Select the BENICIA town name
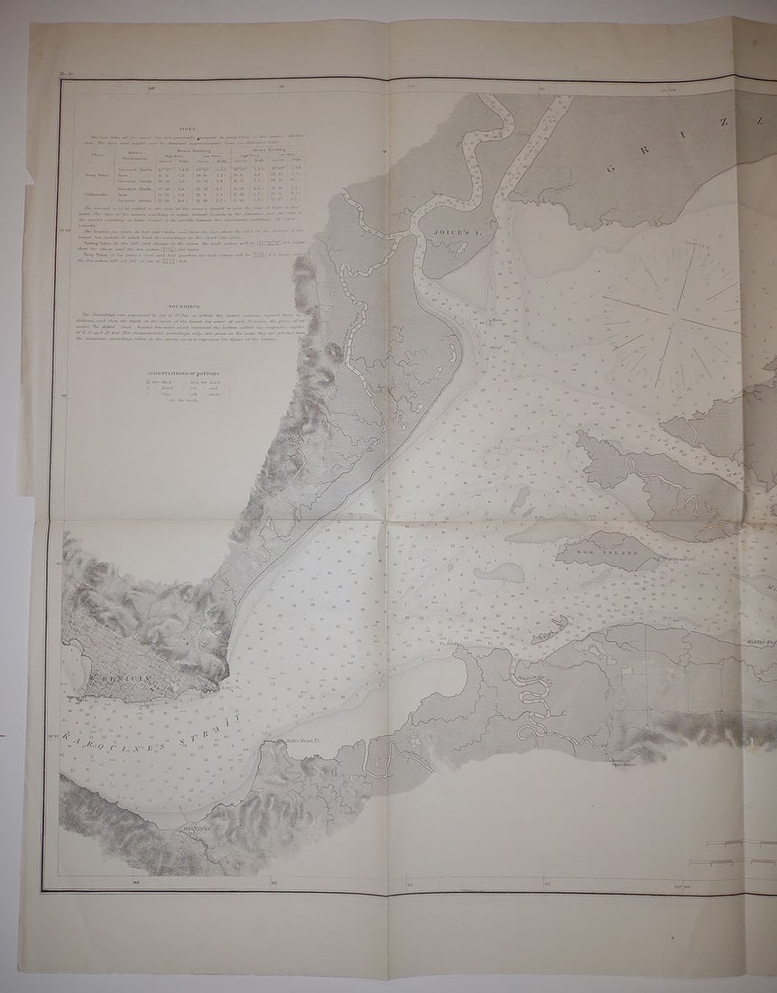tap(114, 676)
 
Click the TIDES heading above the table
tap(187, 130)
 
